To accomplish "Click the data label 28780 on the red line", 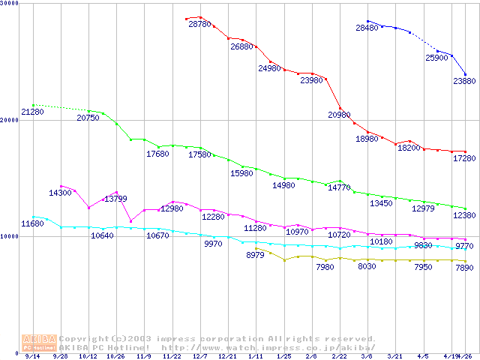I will click(199, 25).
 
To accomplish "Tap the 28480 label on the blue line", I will click(367, 28).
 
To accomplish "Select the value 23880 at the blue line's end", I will click(464, 81).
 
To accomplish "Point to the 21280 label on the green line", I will click(32, 112).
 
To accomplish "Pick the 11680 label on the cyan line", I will click(32, 223).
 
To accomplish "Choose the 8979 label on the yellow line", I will click(256, 255).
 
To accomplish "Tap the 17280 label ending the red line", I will click(464, 159).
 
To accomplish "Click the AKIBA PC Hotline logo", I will click(39, 343).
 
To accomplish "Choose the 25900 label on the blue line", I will click(437, 58).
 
